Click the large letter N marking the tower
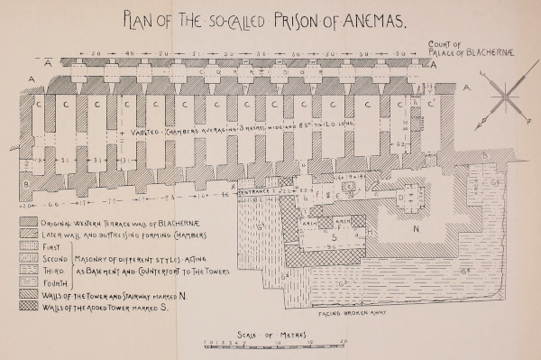[417, 229]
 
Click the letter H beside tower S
[371, 231]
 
